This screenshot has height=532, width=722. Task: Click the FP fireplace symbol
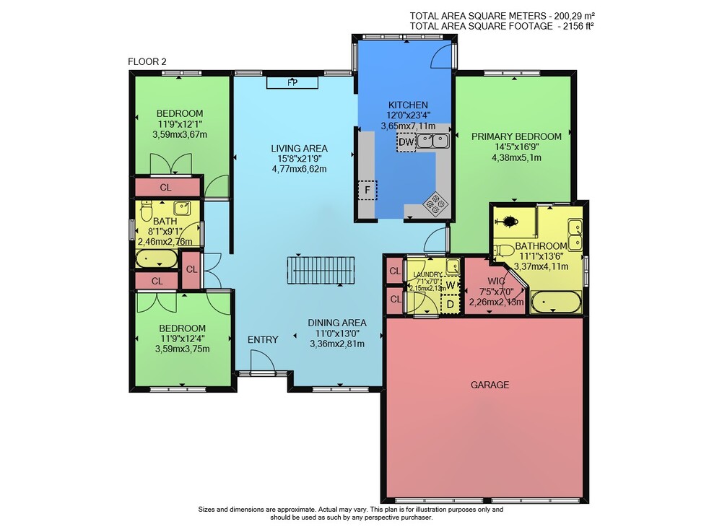pyautogui.click(x=292, y=83)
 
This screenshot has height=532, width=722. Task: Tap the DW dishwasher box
pyautogui.click(x=406, y=141)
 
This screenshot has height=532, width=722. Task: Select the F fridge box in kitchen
pyautogui.click(x=367, y=190)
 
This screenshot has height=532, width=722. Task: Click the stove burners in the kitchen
pyautogui.click(x=435, y=203)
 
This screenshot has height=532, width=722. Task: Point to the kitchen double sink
pyautogui.click(x=432, y=140)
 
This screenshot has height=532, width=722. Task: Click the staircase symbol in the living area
pyautogui.click(x=321, y=271)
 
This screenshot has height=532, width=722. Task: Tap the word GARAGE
pyautogui.click(x=490, y=385)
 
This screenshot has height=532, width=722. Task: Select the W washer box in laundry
pyautogui.click(x=451, y=285)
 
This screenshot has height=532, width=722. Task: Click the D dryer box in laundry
pyautogui.click(x=451, y=304)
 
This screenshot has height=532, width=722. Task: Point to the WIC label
pyautogui.click(x=497, y=281)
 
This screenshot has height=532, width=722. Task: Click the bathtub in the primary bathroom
pyautogui.click(x=556, y=302)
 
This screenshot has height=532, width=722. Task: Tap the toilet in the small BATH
pyautogui.click(x=147, y=211)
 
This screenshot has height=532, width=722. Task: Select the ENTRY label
pyautogui.click(x=263, y=340)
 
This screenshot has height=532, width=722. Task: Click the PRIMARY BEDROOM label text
pyautogui.click(x=516, y=136)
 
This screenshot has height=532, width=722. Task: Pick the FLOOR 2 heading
pyautogui.click(x=147, y=61)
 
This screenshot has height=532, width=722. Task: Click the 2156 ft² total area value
pyautogui.click(x=575, y=26)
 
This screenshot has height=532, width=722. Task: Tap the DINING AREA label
pyautogui.click(x=337, y=323)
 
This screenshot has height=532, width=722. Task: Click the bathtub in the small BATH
pyautogui.click(x=156, y=259)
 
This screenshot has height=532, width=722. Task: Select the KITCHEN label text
pyautogui.click(x=408, y=105)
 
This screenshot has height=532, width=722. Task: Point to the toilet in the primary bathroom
pyautogui.click(x=504, y=250)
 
